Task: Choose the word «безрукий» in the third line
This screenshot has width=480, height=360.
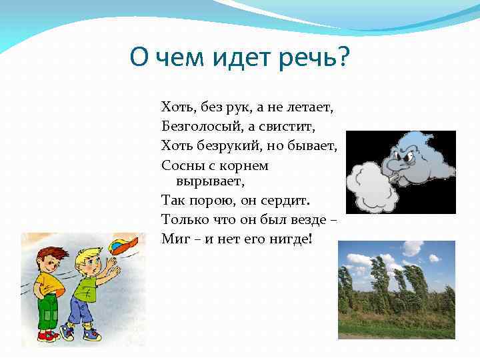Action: [229, 145]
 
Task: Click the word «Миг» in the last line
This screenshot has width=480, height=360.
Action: [173, 238]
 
